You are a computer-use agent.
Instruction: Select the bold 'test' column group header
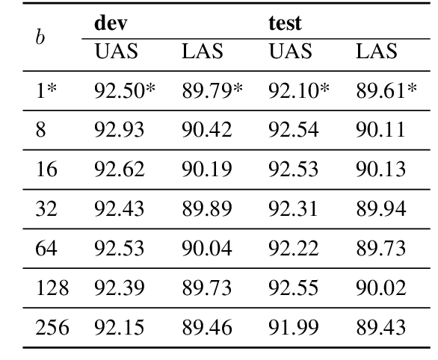285,23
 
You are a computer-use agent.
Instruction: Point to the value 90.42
206,131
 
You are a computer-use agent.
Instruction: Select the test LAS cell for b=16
381,170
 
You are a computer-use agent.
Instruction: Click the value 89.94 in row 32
381,210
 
